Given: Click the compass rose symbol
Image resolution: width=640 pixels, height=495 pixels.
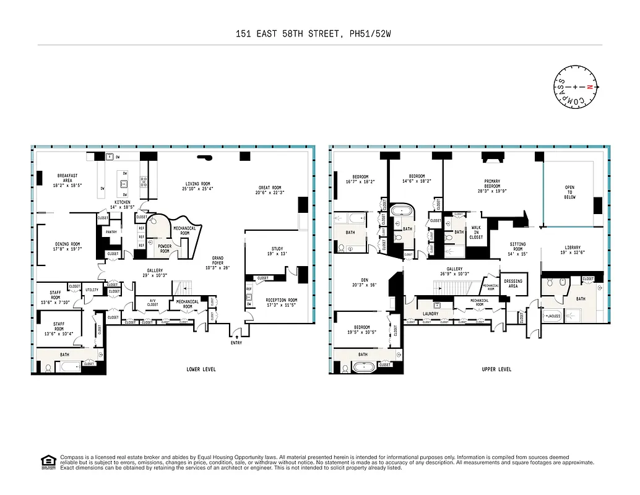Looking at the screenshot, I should point(576,87).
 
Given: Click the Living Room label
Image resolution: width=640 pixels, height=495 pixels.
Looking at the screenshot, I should point(198,186).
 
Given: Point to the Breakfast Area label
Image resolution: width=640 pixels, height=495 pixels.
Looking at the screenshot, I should point(68,180).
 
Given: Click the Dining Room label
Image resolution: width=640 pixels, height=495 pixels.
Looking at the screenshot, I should point(67,247).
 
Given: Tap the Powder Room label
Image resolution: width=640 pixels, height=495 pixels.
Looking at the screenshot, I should point(165,249).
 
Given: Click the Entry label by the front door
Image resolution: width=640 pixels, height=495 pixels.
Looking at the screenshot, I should point(236,343).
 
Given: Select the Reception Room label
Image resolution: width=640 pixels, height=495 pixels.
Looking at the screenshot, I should point(282,303).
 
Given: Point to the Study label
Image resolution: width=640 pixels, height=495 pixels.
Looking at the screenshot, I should point(277,251).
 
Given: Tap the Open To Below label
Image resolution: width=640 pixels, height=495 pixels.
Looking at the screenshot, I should point(569,192).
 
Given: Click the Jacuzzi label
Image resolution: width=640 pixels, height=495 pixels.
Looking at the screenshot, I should point(552,316).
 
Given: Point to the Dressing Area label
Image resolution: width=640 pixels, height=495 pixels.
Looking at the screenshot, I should point(513,283).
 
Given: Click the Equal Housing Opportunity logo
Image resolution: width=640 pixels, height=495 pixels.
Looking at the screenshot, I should point(47,462).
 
